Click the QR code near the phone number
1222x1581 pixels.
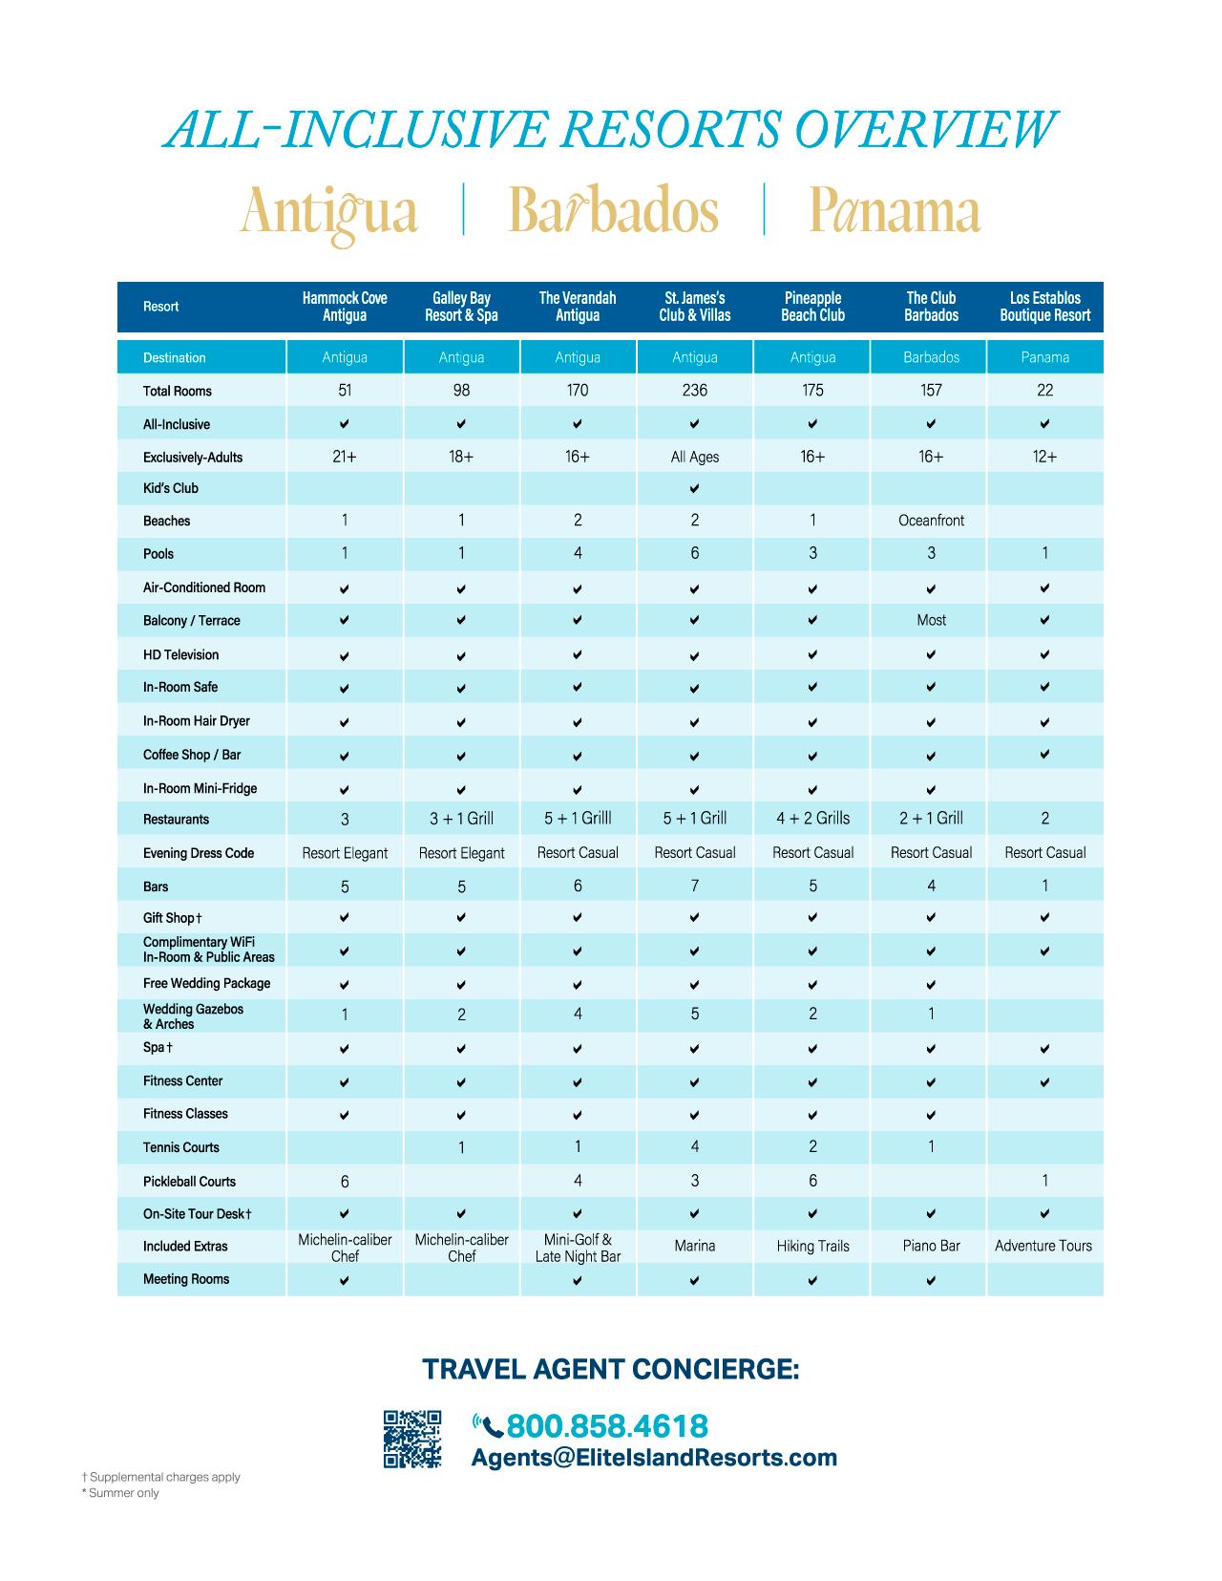tap(411, 1438)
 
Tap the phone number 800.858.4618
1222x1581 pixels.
tap(607, 1426)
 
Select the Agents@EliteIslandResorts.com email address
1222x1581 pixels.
tap(654, 1458)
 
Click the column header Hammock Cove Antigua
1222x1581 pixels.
tap(345, 307)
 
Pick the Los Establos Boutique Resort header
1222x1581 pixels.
tap(1044, 307)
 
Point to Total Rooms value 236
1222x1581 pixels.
tap(694, 390)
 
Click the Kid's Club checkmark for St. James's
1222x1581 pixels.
tap(694, 489)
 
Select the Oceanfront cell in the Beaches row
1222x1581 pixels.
tap(931, 521)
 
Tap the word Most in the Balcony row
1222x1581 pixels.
tap(931, 620)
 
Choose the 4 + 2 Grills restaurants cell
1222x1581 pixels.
tap(812, 819)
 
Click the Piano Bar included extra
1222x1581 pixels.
tap(931, 1246)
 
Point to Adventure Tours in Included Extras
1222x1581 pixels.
tap(1043, 1246)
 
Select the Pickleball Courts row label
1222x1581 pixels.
tap(189, 1182)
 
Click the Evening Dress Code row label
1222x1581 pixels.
tap(199, 853)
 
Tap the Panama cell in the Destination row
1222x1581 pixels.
tap(1044, 357)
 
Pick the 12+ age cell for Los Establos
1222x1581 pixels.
tap(1044, 457)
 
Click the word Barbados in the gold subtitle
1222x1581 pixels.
tap(613, 211)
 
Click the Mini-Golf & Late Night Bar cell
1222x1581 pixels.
tap(578, 1248)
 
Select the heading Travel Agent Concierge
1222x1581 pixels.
tap(611, 1370)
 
